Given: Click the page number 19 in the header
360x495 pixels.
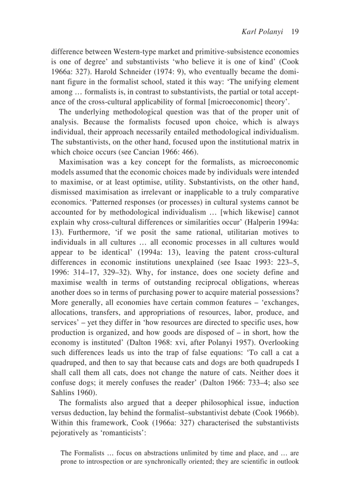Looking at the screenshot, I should (296, 32).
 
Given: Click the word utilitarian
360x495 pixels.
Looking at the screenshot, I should (242, 232).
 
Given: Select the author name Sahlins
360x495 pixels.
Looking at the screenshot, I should (64, 393).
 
